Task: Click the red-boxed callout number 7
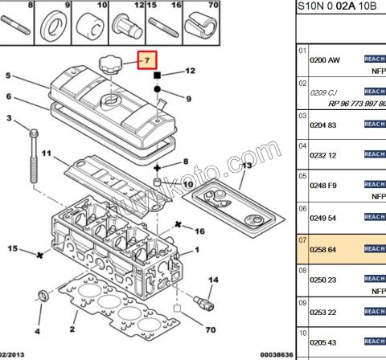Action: pos(146,60)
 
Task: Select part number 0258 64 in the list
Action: pos(324,250)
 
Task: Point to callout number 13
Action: pos(247,166)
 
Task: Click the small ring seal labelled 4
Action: pos(46,293)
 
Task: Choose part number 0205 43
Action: pos(324,343)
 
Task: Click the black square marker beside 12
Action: pos(158,74)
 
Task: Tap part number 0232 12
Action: pos(324,155)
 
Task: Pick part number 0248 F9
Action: pos(324,186)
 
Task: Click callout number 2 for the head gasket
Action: pos(72,329)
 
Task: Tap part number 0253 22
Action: pos(324,311)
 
